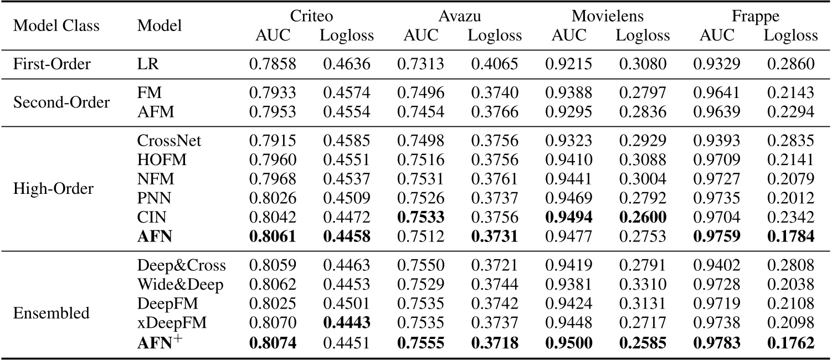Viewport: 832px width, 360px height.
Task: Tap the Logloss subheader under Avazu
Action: pyautogui.click(x=495, y=35)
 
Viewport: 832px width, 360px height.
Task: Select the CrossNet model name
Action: pyautogui.click(x=169, y=140)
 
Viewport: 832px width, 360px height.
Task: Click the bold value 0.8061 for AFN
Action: pyautogui.click(x=273, y=237)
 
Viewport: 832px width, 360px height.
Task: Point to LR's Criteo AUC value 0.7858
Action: pyautogui.click(x=273, y=63)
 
